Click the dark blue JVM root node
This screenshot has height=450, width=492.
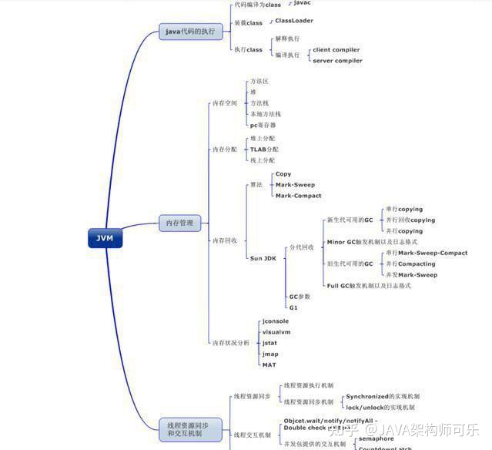coord(105,238)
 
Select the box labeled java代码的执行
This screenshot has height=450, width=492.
coord(190,32)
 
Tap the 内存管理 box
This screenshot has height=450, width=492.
coord(180,223)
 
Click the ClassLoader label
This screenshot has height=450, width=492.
coord(294,21)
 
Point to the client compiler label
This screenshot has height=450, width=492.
coord(336,50)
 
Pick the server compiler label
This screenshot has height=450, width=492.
coord(337,61)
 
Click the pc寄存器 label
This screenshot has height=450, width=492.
coord(263,125)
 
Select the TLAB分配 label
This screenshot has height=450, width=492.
coord(264,149)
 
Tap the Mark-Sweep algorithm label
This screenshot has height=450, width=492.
coord(294,185)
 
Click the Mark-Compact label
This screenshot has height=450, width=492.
coord(297,196)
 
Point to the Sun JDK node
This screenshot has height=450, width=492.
coord(263,258)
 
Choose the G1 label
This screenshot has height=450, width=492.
coord(293,307)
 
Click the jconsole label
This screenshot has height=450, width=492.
coord(276,321)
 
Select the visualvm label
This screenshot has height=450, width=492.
coord(276,332)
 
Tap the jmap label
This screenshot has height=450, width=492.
coord(270,354)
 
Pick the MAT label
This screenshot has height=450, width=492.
coord(269,364)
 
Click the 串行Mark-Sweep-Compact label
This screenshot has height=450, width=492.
coord(427,253)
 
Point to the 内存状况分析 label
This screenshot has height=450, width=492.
coord(231,342)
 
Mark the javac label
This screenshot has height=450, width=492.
coord(303,3)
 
